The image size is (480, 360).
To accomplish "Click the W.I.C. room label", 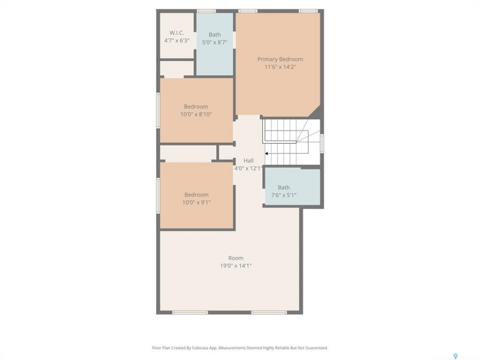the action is [176, 33].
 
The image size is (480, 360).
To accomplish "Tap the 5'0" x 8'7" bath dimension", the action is [214, 42].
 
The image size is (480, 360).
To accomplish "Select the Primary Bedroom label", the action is [280, 59].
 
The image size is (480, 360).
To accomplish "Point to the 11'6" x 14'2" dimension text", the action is [280, 66].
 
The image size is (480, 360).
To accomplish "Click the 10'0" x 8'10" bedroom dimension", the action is [196, 114].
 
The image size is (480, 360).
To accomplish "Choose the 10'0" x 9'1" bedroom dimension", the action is [196, 202].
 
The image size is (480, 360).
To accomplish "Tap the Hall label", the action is [248, 160].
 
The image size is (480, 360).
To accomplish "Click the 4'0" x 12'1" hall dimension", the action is [248, 168].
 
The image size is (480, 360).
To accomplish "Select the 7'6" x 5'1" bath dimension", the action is [284, 195].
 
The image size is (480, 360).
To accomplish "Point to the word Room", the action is [235, 258].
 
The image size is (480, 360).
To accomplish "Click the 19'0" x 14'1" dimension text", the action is [235, 265].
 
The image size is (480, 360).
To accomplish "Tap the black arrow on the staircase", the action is [266, 153].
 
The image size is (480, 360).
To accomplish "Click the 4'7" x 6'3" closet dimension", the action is [177, 40].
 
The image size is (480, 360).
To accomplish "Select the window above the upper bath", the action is [206, 11].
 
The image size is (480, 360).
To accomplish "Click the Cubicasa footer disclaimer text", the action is [240, 348].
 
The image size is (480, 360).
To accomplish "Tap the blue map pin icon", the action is [455, 356].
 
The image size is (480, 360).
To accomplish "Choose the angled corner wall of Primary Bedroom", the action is [314, 111].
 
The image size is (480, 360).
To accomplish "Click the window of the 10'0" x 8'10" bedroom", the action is [158, 110].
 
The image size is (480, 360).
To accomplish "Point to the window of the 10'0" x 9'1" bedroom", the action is [158, 195].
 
